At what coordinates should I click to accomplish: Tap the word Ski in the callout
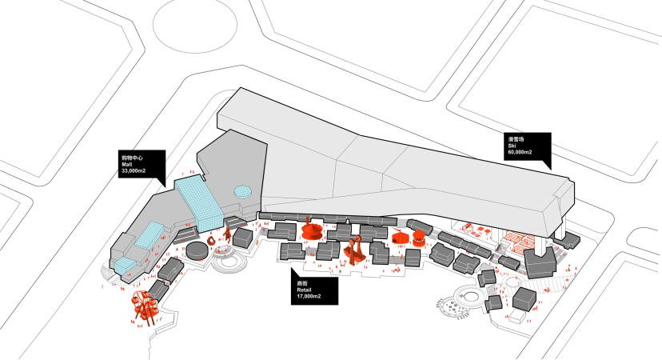(x=511, y=146)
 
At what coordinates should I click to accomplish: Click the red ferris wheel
(x=145, y=306)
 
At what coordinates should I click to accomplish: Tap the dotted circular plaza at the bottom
(x=459, y=305)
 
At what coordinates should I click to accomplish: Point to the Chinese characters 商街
(x=302, y=283)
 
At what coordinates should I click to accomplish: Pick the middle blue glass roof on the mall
(x=150, y=236)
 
